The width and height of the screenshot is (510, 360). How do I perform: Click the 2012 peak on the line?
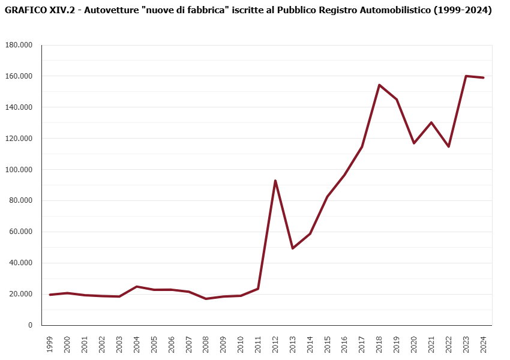pyautogui.click(x=275, y=181)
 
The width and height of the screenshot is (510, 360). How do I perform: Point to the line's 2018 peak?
pyautogui.click(x=379, y=85)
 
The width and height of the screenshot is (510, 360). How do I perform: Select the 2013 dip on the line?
pyautogui.click(x=292, y=248)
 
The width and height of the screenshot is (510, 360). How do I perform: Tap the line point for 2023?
pyautogui.click(x=466, y=76)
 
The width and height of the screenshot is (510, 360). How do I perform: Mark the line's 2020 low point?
pyautogui.click(x=414, y=143)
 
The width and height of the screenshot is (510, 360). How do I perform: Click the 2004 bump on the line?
pyautogui.click(x=136, y=286)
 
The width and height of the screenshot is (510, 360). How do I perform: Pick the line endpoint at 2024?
pyautogui.click(x=484, y=77)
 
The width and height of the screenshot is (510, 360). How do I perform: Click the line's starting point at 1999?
pyautogui.click(x=50, y=295)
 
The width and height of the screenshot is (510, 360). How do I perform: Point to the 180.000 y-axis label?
pyautogui.click(x=20, y=45)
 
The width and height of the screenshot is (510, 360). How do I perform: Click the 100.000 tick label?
pyautogui.click(x=20, y=169)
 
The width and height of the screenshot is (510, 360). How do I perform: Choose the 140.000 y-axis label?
pyautogui.click(x=20, y=107)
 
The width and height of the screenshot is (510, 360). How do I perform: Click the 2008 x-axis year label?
pyautogui.click(x=206, y=344)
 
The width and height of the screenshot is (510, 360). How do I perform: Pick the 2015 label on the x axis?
pyautogui.click(x=327, y=344)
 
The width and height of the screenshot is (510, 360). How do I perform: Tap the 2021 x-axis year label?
pyautogui.click(x=431, y=344)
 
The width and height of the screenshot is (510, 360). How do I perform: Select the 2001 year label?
pyautogui.click(x=85, y=344)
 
